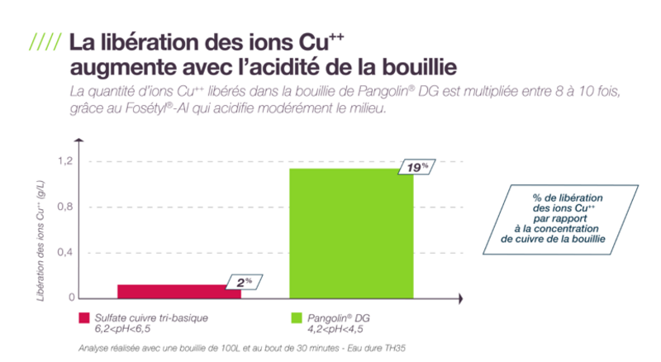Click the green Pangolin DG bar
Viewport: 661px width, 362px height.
point(351,233)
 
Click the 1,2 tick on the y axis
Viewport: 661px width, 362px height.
point(65,160)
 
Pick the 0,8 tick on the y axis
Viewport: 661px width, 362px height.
point(65,207)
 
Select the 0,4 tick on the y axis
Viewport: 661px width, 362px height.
point(65,252)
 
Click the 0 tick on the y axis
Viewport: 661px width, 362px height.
point(72,298)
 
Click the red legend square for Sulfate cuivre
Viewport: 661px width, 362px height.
point(83,317)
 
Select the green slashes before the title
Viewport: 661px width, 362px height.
point(45,40)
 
